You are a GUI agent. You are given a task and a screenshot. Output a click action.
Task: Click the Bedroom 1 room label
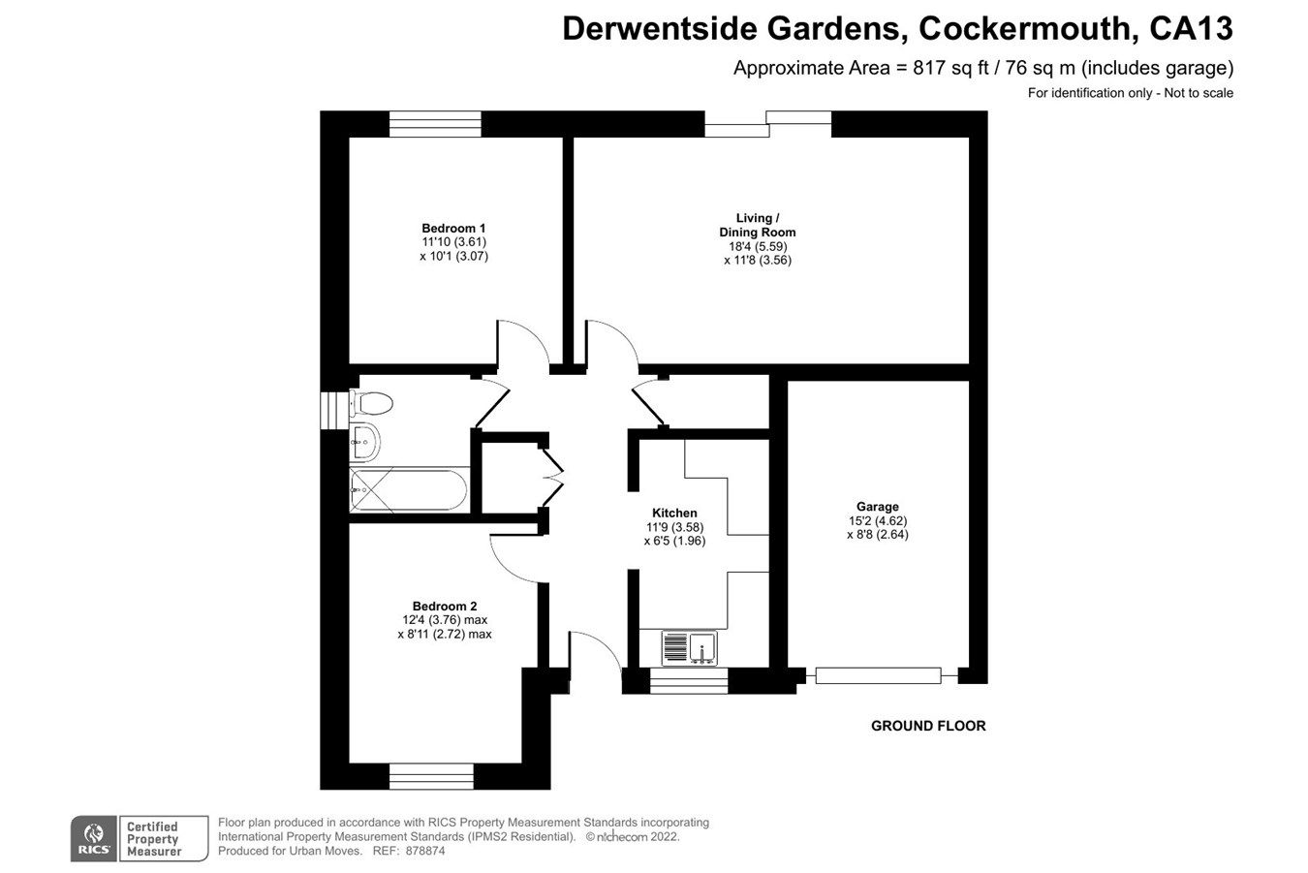(x=453, y=229)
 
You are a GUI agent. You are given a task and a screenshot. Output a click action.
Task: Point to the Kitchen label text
(x=674, y=514)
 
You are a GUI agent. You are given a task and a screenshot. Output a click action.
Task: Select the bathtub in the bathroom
(x=409, y=491)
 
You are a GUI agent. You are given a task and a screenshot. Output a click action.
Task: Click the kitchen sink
(x=689, y=646)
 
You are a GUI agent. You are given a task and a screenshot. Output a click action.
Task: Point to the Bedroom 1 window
(x=435, y=124)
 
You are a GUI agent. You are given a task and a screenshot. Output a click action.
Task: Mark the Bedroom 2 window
(x=431, y=776)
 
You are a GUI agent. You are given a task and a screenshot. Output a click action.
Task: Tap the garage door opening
(x=878, y=675)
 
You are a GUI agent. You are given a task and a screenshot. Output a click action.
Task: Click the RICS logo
(x=94, y=838)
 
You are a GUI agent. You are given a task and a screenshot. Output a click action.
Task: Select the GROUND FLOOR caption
(x=928, y=726)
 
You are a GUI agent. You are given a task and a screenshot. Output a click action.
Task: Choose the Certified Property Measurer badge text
(x=153, y=839)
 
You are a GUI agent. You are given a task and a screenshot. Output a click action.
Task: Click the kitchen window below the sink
(x=688, y=682)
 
